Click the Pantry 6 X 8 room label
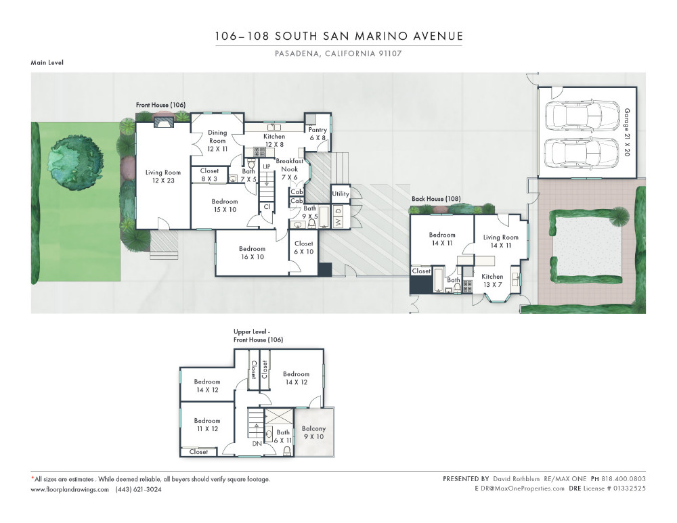[318, 133]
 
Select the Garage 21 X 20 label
[627, 132]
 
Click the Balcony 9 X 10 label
[313, 432]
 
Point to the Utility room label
[341, 194]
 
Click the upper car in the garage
[582, 116]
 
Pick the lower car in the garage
[582, 153]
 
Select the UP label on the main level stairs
[267, 166]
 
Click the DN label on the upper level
[257, 444]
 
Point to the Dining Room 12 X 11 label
[217, 141]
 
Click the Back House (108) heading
[436, 199]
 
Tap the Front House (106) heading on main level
[160, 105]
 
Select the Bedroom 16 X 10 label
[252, 253]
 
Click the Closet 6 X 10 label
[303, 248]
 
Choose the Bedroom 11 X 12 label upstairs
[206, 425]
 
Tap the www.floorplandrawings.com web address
[70, 489]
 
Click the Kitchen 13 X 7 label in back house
[492, 281]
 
